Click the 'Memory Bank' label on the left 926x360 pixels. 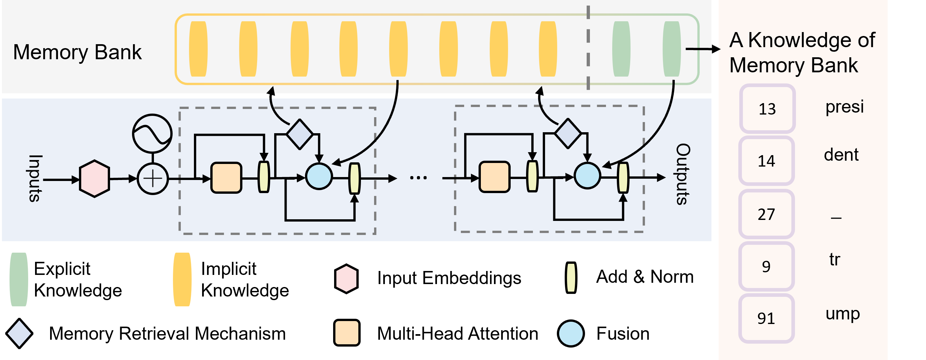coord(77,52)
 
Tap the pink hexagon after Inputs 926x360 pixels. coord(94,179)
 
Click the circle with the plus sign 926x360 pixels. coord(153,179)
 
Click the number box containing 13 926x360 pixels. coord(767,109)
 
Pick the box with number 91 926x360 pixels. coord(766,318)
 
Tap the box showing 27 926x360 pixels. coord(766,214)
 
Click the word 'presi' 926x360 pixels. coord(844,107)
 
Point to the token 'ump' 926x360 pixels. coord(842,314)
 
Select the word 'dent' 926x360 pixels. coord(841,155)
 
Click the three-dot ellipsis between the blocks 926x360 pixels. coord(418,177)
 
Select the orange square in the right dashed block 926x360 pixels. coord(494,177)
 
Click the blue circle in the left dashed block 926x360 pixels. coord(318,176)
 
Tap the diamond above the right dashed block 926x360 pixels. coord(568,133)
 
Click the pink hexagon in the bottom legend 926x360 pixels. coord(346,279)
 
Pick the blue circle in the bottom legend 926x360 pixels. coord(571,333)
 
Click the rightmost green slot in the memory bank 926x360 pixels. coord(671,49)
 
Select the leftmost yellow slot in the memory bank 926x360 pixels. coord(198,49)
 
